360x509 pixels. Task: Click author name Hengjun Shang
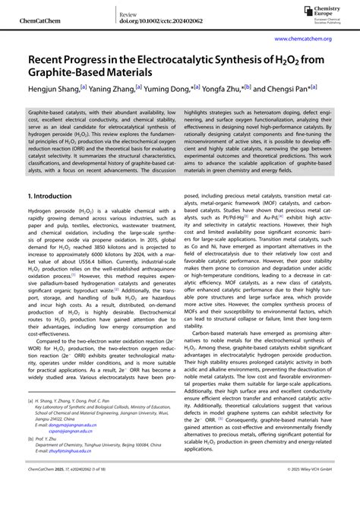(57, 89)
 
